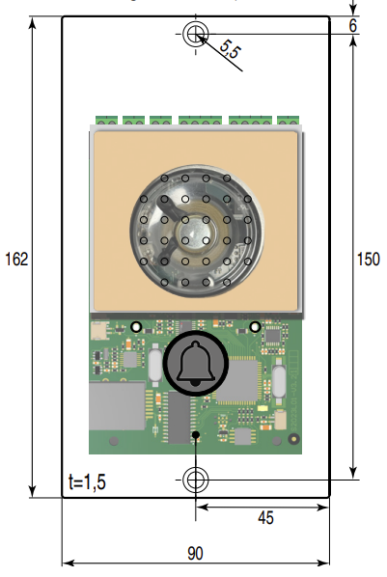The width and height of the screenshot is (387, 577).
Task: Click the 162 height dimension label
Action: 16,259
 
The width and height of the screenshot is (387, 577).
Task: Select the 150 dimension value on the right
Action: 368,259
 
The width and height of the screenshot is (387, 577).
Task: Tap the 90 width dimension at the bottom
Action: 195,553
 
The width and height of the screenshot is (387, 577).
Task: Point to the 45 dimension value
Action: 265,517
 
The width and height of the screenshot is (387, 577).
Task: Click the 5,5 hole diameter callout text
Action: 230,50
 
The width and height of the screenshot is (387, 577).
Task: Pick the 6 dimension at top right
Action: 353,26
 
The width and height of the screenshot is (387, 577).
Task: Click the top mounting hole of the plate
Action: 196,35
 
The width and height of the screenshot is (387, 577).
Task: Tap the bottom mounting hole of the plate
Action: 196,478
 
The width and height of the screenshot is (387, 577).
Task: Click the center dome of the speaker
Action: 196,232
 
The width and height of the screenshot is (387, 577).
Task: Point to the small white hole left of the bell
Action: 137,326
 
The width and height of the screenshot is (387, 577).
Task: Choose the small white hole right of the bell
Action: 255,326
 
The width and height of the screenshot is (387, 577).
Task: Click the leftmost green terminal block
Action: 106,122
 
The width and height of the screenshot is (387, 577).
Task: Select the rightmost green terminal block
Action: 288,122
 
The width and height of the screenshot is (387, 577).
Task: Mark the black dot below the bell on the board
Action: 196,436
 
